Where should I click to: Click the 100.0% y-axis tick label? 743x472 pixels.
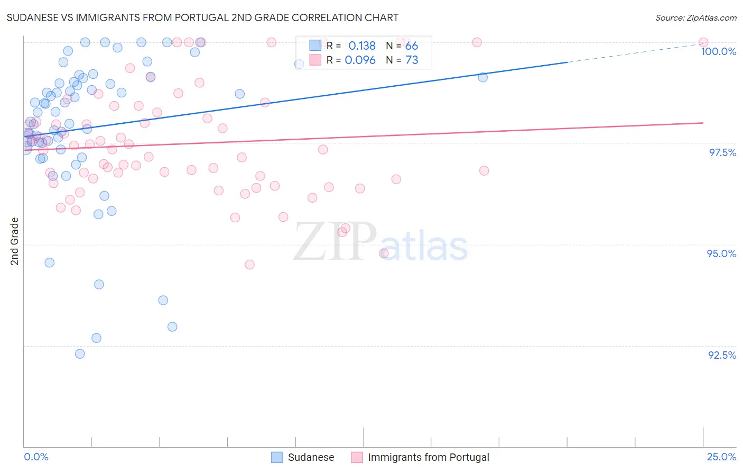[718, 51]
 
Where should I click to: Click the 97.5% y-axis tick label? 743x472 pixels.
[722, 152]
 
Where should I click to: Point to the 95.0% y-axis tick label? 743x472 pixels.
[721, 253]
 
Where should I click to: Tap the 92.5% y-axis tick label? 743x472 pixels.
[722, 355]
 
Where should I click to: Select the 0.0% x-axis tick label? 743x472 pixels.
[36, 457]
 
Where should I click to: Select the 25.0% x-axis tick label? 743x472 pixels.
[721, 457]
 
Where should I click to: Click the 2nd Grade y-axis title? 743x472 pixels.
[15, 241]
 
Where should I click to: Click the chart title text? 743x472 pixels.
[202, 17]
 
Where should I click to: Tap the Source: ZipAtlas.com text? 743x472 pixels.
[695, 17]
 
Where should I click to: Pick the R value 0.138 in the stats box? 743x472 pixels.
[361, 46]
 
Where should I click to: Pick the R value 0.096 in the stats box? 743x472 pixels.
[360, 60]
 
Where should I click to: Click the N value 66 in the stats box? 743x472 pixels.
[411, 46]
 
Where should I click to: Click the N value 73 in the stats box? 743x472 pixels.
[411, 60]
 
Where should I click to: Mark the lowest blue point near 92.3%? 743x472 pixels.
[80, 354]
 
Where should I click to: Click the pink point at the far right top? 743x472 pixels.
[703, 42]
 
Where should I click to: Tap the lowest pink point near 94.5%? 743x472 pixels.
[249, 265]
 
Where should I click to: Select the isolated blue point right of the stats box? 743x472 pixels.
[482, 77]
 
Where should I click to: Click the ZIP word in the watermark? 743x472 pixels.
[335, 242]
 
